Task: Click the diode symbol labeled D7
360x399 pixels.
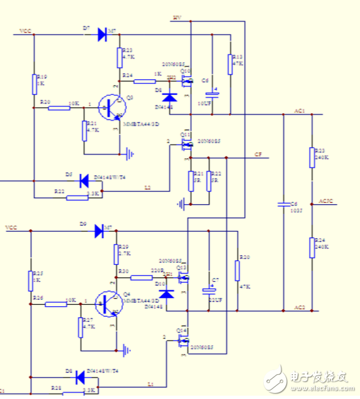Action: tap(102, 35)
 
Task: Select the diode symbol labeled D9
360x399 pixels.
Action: tap(99, 230)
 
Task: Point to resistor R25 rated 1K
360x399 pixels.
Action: tap(30, 281)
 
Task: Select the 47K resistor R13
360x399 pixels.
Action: tap(230, 64)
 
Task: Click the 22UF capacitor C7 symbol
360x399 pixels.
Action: tap(209, 290)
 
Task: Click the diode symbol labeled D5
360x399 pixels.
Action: tap(83, 179)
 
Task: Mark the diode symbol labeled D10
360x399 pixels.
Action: tap(168, 294)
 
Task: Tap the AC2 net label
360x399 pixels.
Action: tap(300, 307)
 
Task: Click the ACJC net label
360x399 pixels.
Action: tap(325, 200)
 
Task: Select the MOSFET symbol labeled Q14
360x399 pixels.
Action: tap(185, 338)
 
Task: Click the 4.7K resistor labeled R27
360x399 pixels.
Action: tap(81, 328)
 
